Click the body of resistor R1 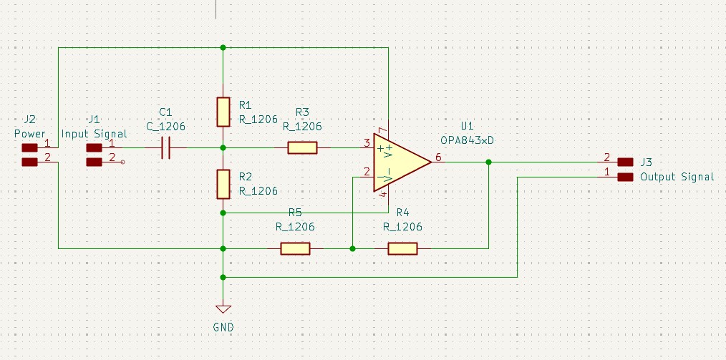[x=223, y=112]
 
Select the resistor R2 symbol [x=223, y=184]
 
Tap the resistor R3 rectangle [x=302, y=147]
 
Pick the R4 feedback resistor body [x=403, y=248]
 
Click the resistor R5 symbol [x=295, y=248]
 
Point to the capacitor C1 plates [x=166, y=147]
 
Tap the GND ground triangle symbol [x=223, y=309]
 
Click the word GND [x=223, y=328]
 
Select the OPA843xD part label [x=470, y=140]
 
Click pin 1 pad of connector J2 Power [x=29, y=147]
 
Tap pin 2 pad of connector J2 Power [x=29, y=162]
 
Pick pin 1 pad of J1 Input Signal [x=95, y=147]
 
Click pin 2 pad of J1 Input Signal [x=95, y=162]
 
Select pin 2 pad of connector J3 [x=626, y=162]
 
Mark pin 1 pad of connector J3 [x=626, y=177]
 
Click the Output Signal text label [x=677, y=177]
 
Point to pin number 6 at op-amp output [x=438, y=157]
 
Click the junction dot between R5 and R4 [x=352, y=248]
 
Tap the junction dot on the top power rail [x=223, y=47]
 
